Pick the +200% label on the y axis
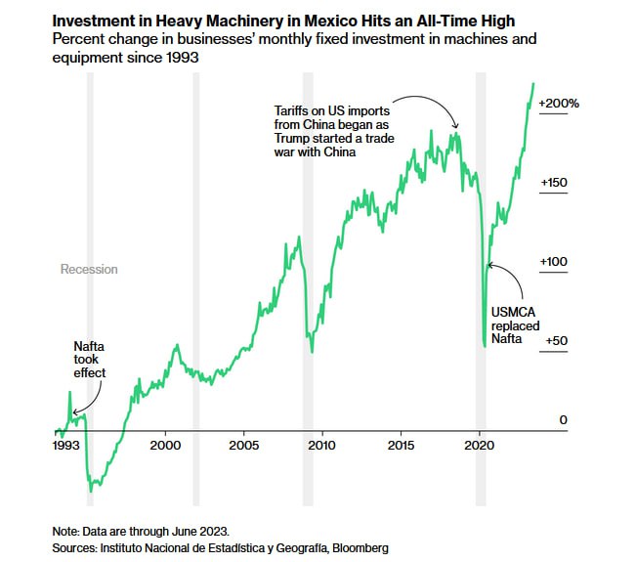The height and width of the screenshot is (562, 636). pyautogui.click(x=559, y=104)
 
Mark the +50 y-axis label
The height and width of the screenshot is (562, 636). pyautogui.click(x=556, y=340)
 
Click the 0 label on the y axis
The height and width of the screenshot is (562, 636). pyautogui.click(x=563, y=419)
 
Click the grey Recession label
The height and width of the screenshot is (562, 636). pyautogui.click(x=89, y=270)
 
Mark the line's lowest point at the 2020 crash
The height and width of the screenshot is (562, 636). pyautogui.click(x=485, y=345)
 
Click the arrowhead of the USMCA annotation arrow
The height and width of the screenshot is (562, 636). pyautogui.click(x=489, y=264)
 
